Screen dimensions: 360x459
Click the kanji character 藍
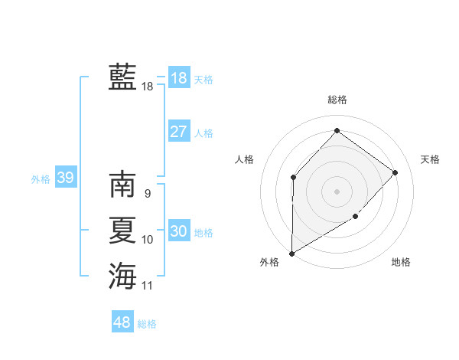click(x=122, y=77)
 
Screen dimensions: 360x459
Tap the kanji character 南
click(x=122, y=185)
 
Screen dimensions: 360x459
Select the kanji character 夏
click(x=122, y=231)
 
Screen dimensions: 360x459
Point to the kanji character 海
click(x=122, y=277)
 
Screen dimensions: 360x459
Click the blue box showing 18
click(x=179, y=77)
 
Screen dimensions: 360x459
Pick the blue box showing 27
click(x=179, y=131)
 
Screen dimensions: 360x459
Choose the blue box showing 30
click(x=179, y=231)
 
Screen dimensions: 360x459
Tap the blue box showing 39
click(x=65, y=178)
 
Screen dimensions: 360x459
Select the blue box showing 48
click(x=122, y=322)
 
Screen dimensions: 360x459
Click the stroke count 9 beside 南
click(x=147, y=194)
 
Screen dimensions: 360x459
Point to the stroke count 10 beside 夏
click(x=147, y=240)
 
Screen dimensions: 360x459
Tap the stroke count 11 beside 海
click(x=147, y=286)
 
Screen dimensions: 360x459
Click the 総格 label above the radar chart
click(x=337, y=100)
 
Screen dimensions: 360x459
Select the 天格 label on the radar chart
click(x=430, y=159)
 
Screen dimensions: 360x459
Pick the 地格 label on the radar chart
click(x=401, y=262)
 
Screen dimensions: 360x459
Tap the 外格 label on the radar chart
click(x=269, y=262)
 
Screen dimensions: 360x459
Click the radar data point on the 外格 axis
click(x=292, y=253)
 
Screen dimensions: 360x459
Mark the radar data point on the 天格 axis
click(x=396, y=172)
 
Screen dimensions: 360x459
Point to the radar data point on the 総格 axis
click(x=337, y=131)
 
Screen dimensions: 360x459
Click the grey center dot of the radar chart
click(x=337, y=191)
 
